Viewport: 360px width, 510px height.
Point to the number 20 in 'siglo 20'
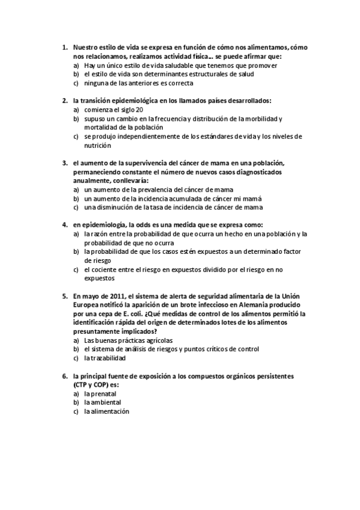point(139,110)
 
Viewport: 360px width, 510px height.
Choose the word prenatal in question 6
point(103,393)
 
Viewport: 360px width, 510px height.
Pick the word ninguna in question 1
point(97,83)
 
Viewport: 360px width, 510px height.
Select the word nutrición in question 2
point(98,146)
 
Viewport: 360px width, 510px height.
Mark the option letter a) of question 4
point(76,233)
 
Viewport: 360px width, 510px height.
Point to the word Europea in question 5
point(87,305)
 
